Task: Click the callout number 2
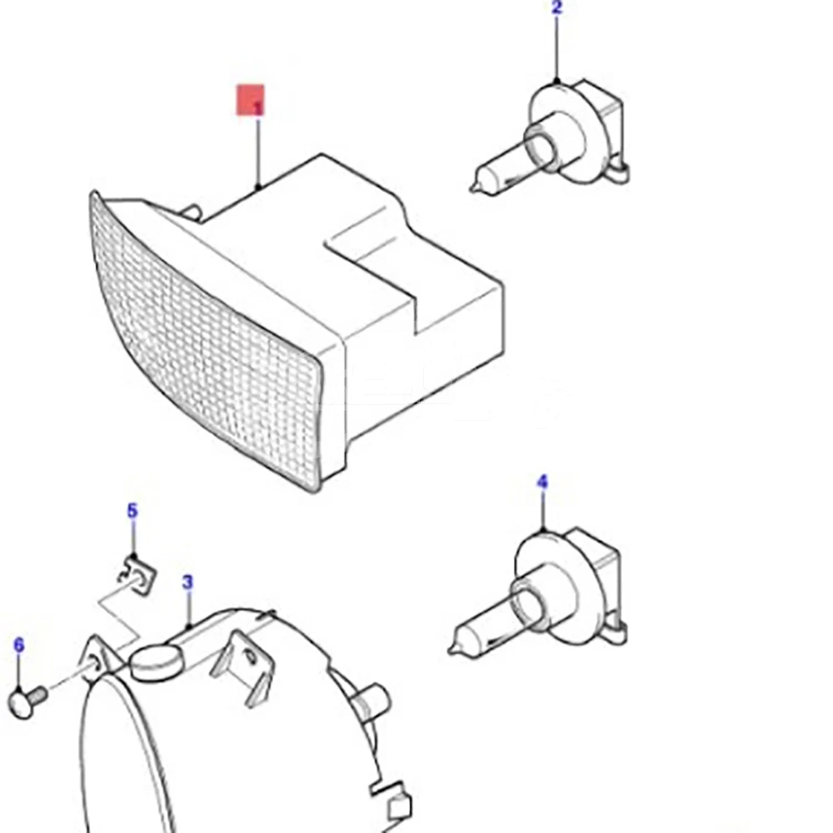click(x=556, y=8)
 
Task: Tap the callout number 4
click(x=542, y=481)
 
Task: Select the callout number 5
click(x=132, y=511)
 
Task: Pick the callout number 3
click(x=187, y=582)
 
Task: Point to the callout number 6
click(x=19, y=645)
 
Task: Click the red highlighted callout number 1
click(x=251, y=100)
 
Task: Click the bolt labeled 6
click(x=28, y=701)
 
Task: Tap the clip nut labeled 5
click(x=137, y=575)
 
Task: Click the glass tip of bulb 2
click(x=476, y=185)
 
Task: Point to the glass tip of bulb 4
click(x=455, y=646)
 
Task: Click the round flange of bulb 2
click(x=558, y=130)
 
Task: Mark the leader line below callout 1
click(x=259, y=153)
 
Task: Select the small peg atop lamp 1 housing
click(x=193, y=212)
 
